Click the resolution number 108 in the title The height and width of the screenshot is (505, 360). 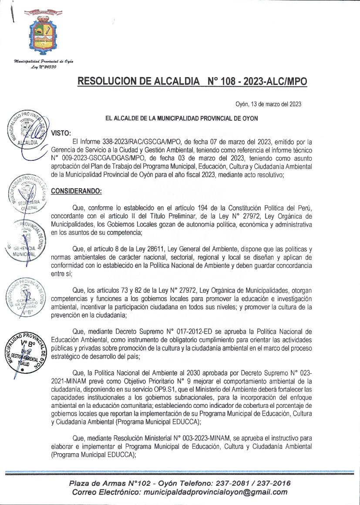click(230, 81)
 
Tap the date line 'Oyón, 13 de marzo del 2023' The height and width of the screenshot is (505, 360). click(268, 104)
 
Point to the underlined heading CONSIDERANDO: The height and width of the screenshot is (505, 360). click(76, 190)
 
